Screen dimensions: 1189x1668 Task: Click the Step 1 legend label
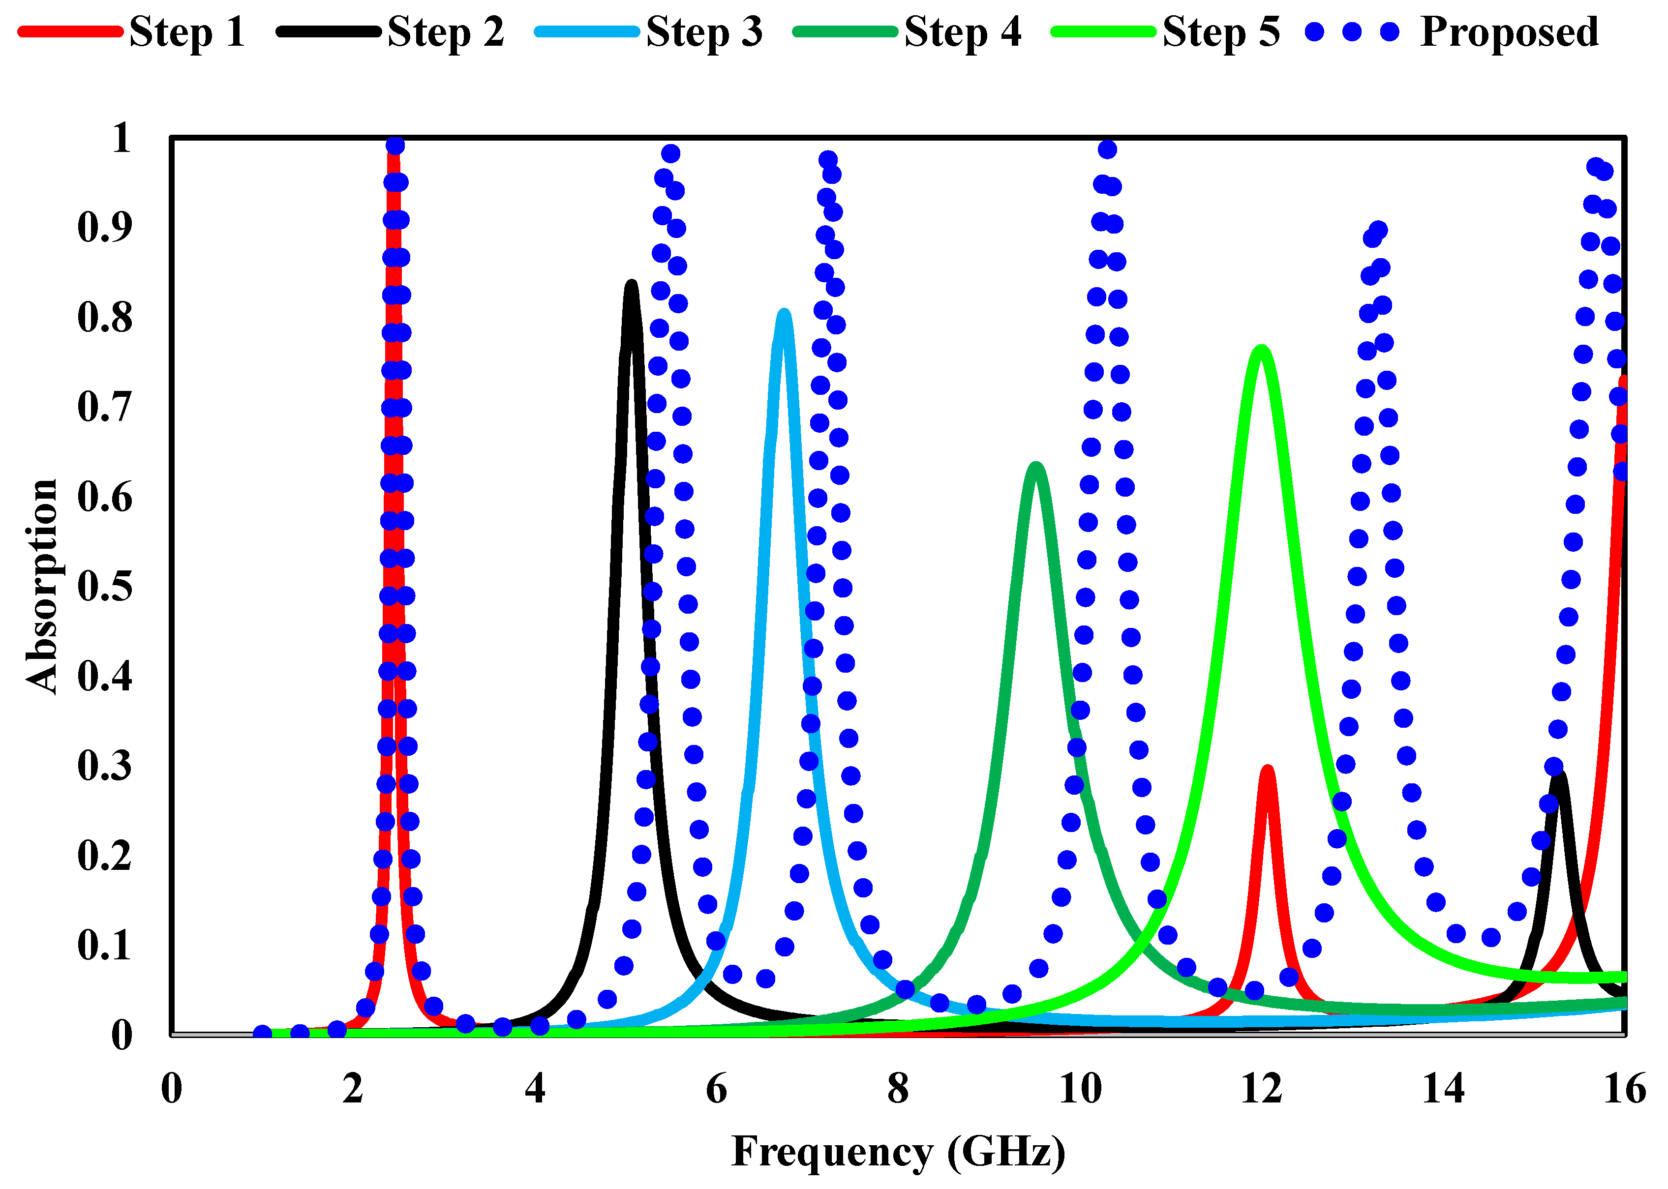[187, 32]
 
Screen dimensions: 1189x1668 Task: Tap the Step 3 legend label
[704, 32]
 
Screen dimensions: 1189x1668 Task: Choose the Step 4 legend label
[962, 32]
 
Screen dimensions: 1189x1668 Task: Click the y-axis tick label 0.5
[105, 586]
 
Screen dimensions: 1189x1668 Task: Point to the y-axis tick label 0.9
[105, 227]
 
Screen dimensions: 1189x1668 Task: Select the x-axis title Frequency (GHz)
[898, 1152]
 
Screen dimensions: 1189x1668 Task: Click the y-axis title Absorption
[42, 586]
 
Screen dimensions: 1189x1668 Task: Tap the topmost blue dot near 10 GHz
[1107, 150]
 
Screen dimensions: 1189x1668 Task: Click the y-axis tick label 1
[121, 138]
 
